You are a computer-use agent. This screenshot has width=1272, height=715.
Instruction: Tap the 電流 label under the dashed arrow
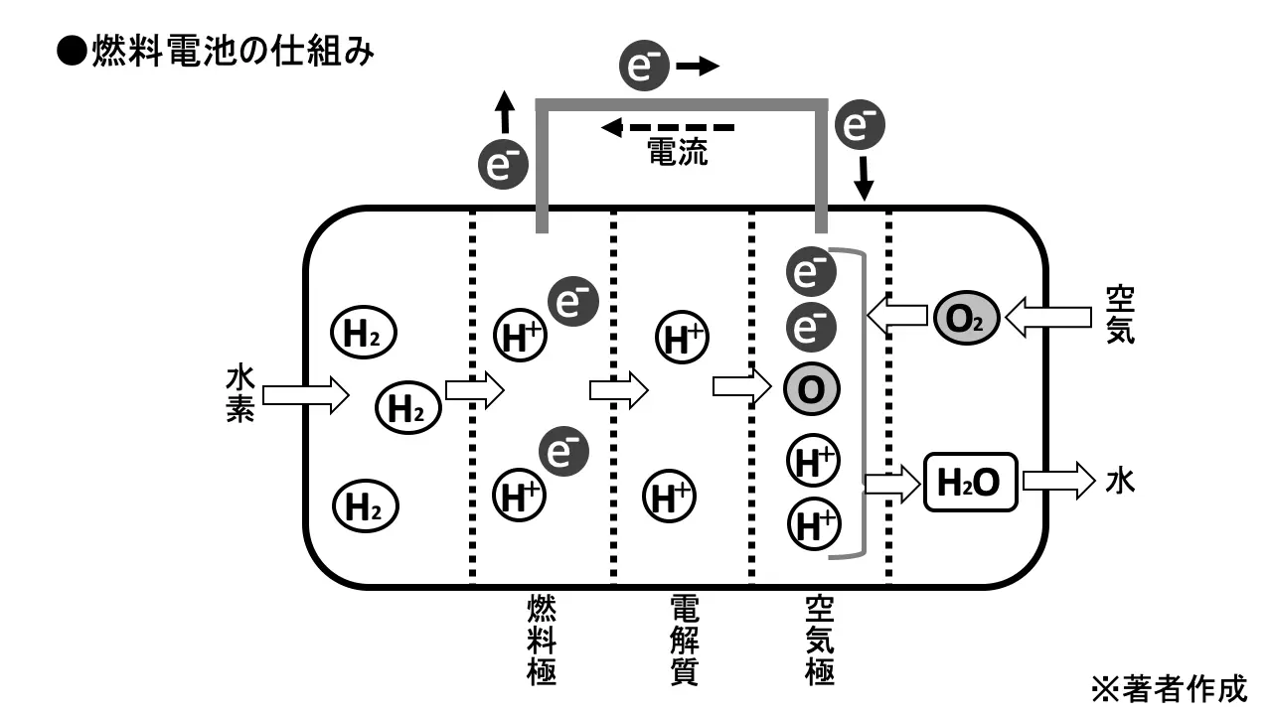tap(678, 152)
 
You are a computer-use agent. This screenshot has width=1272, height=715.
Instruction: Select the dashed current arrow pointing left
tap(667, 127)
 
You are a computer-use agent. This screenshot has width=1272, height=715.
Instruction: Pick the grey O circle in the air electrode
tap(812, 389)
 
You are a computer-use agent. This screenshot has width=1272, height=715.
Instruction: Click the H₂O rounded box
tap(972, 482)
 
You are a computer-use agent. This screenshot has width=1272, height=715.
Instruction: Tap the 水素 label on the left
tap(240, 394)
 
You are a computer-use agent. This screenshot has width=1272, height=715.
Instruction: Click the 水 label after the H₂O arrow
tap(1120, 483)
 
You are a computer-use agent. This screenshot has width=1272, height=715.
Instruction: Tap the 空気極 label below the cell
tap(820, 640)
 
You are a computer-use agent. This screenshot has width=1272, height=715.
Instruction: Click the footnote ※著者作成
tap(1169, 687)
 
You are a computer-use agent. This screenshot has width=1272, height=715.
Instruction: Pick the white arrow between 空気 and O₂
tap(1045, 319)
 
